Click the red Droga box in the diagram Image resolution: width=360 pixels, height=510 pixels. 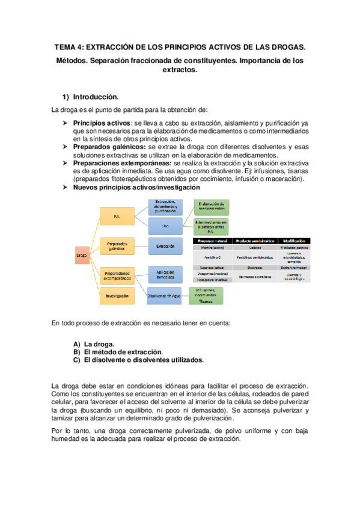[82, 255]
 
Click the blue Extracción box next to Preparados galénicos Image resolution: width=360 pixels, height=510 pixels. [165, 246]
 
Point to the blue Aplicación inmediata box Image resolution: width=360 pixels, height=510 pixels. [165, 274]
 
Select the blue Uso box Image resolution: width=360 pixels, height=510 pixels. [165, 226]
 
